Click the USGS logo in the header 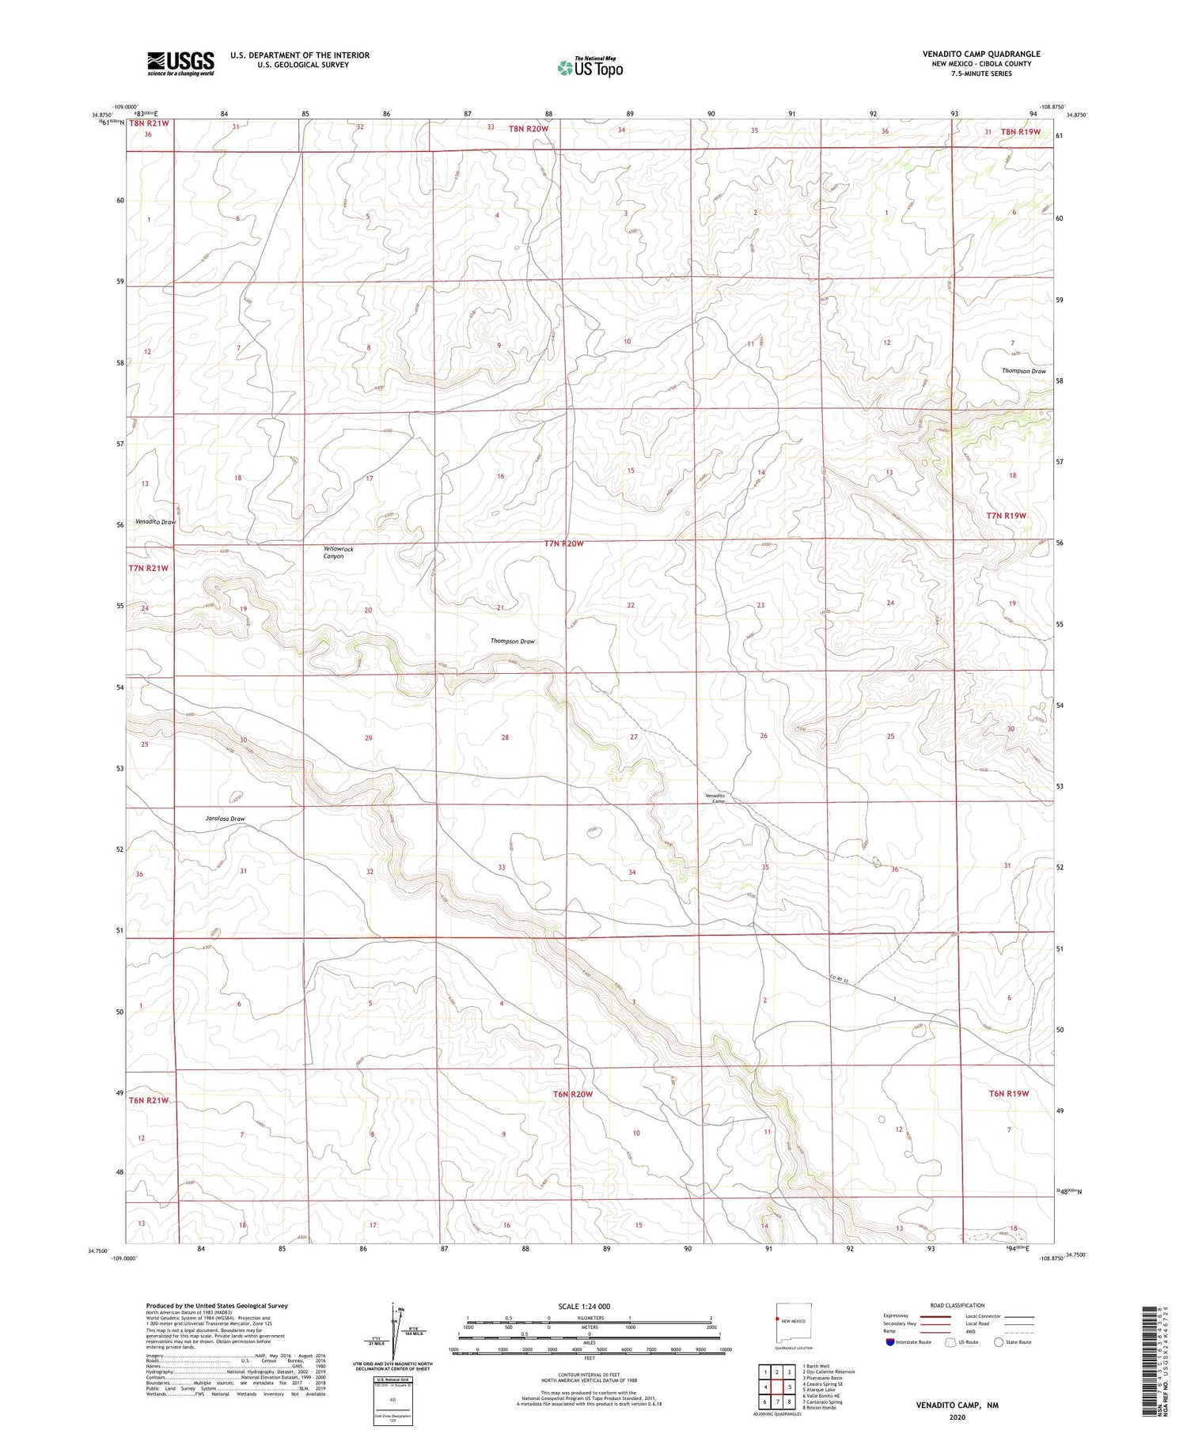[x=180, y=63]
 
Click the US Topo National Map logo [x=590, y=67]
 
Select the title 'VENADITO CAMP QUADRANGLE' [x=980, y=55]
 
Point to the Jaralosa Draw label [x=225, y=819]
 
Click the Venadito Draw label [x=155, y=522]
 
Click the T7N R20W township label [x=563, y=543]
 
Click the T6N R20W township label [x=572, y=1094]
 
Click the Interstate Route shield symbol [x=890, y=1341]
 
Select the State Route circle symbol [x=999, y=1341]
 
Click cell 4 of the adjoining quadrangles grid [x=764, y=1387]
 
